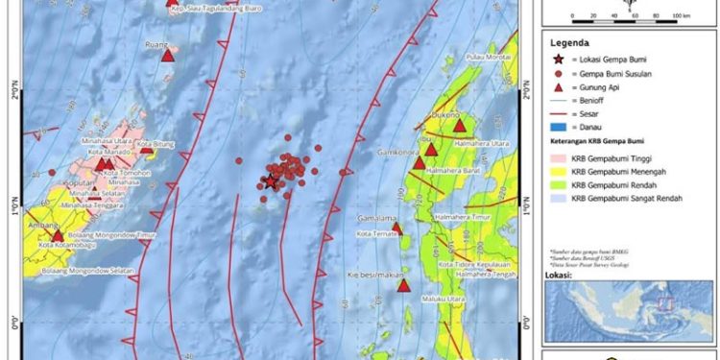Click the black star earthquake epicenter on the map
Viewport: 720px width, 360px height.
point(272,181)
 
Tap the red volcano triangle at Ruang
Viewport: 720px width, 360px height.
point(168,56)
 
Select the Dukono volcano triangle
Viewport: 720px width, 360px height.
point(459,125)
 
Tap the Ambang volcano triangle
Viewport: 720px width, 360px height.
point(58,234)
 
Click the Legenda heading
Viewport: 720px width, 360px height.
point(568,44)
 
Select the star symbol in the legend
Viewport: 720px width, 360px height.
point(558,60)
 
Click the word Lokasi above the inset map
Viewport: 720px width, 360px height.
point(561,274)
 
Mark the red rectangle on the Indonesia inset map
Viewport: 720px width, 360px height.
point(661,306)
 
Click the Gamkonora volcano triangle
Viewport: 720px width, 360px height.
point(431,150)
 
